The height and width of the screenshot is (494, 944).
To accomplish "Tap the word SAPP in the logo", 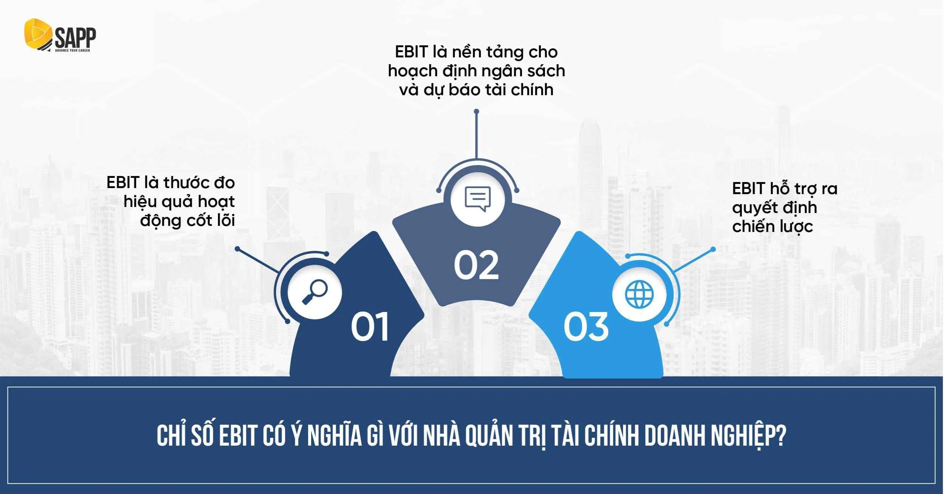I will click(75, 37).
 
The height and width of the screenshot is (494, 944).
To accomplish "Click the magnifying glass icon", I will click(315, 292).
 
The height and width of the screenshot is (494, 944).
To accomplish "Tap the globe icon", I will click(639, 294).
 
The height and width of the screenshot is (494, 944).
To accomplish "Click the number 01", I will click(370, 327).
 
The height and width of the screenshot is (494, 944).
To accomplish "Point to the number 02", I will click(476, 266).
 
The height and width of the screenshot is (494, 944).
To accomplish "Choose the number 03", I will click(586, 327).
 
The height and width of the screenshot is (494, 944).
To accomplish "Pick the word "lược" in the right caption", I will click(796, 227).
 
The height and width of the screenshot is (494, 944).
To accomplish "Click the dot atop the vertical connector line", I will click(477, 111).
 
